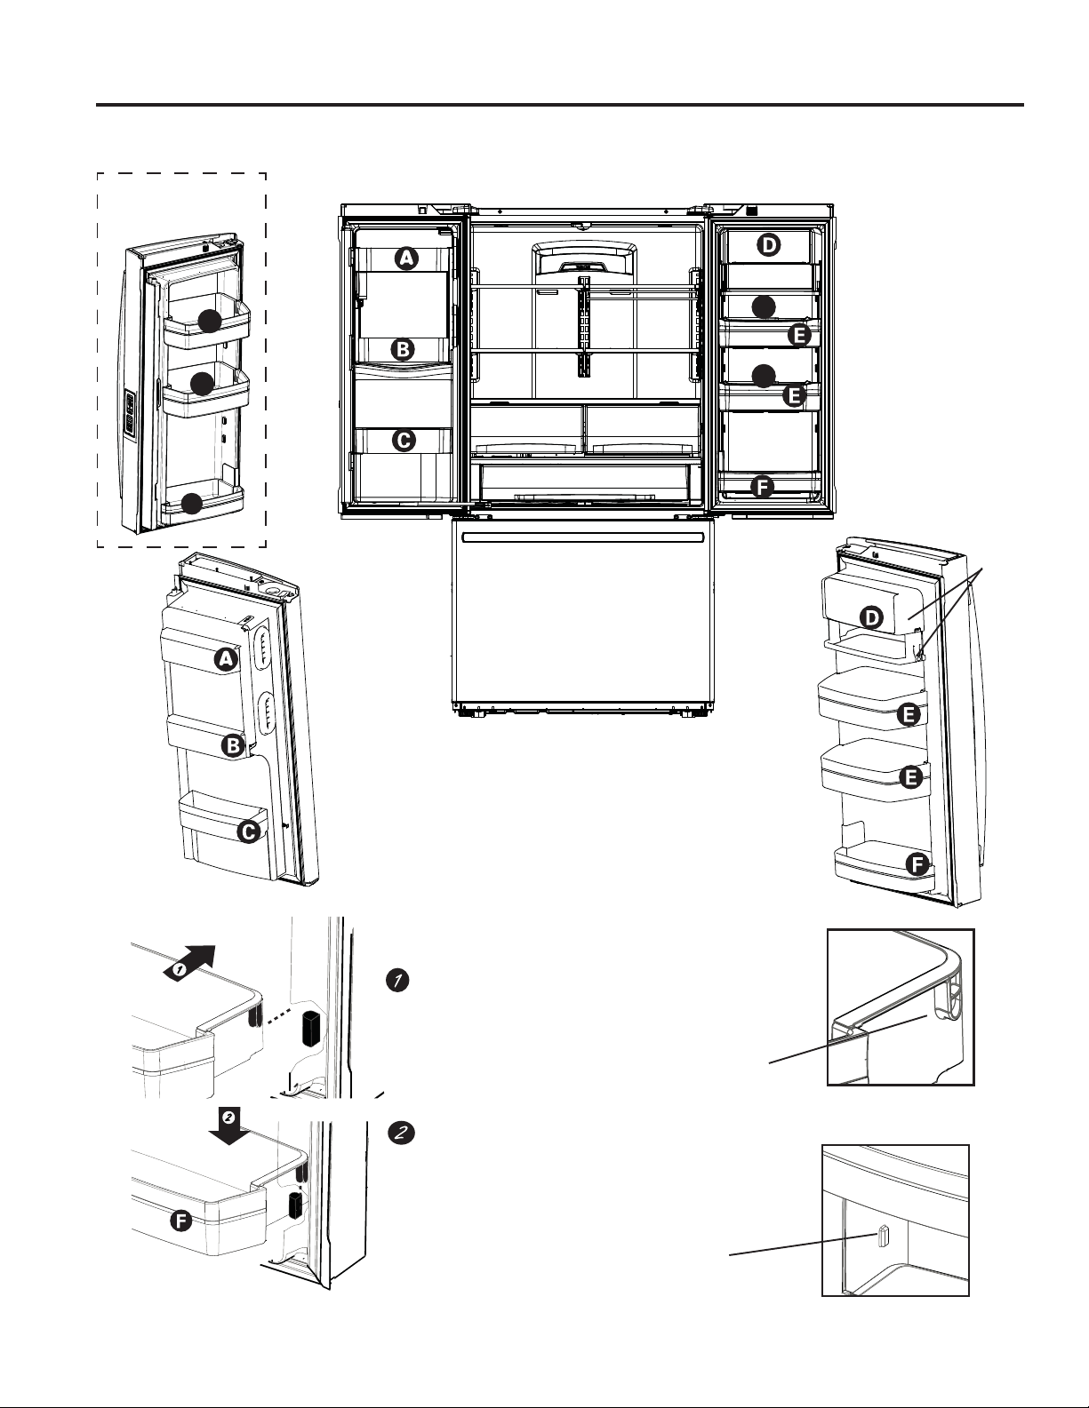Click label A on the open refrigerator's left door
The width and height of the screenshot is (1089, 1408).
click(406, 258)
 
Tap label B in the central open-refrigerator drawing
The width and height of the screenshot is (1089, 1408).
click(403, 350)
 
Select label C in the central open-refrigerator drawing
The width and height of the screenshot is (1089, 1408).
click(404, 441)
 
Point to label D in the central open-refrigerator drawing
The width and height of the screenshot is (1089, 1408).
click(769, 245)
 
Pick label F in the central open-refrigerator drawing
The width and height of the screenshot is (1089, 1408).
click(763, 487)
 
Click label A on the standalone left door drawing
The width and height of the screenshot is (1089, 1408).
click(226, 660)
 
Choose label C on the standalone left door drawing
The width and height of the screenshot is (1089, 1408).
click(248, 832)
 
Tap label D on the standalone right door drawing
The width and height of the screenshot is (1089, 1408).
click(872, 618)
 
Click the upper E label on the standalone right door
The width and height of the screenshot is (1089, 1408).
click(909, 715)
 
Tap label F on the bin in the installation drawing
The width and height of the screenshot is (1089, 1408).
click(180, 1221)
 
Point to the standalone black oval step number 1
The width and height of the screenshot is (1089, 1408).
click(397, 981)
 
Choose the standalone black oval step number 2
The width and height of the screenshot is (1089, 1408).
click(402, 1133)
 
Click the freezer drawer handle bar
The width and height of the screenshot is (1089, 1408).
click(581, 537)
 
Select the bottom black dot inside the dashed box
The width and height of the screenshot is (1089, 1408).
click(192, 504)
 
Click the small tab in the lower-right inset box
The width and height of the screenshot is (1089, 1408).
click(883, 1237)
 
